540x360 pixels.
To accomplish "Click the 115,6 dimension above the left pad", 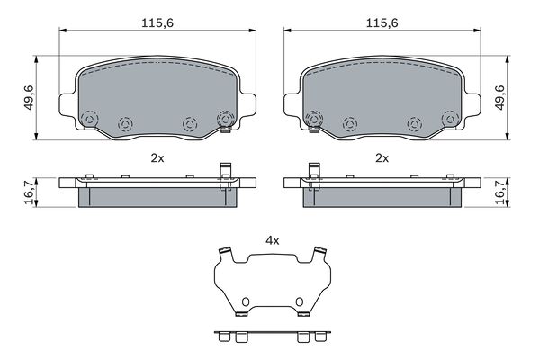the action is click(157, 23).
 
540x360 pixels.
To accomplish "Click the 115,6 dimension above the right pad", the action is click(382, 23).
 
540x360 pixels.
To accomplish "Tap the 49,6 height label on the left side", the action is click(29, 97).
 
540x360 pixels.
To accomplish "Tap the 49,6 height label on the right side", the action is click(499, 97).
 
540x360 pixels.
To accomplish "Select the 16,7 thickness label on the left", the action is click(29, 193).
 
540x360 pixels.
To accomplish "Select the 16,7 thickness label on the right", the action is click(499, 193).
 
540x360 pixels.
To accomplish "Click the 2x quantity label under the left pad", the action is click(157, 158).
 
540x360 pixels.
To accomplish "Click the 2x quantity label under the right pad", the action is click(382, 158).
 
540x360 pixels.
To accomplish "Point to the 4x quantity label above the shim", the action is click(273, 241).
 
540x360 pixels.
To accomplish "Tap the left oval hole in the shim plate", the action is click(245, 301).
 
